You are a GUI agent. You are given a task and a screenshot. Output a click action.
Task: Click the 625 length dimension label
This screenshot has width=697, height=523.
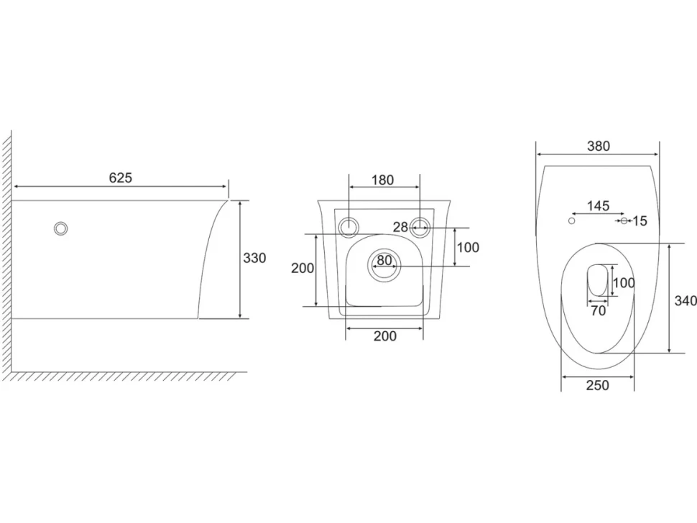(121, 177)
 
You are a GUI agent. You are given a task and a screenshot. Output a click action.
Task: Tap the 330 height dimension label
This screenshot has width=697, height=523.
(254, 258)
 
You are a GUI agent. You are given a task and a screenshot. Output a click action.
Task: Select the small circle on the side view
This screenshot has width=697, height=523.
(60, 228)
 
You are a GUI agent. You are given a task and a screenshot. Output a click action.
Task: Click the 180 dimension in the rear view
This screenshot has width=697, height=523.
(383, 180)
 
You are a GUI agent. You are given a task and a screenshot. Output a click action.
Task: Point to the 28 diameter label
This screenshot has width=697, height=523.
(400, 227)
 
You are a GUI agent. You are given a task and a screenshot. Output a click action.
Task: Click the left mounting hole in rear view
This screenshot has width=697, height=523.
(349, 227)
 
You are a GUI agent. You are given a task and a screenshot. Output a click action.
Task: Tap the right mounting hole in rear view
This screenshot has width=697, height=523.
(420, 227)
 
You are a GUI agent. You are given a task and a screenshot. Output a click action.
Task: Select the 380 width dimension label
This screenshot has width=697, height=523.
(599, 146)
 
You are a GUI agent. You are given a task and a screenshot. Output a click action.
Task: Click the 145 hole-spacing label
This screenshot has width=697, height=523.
(598, 205)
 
